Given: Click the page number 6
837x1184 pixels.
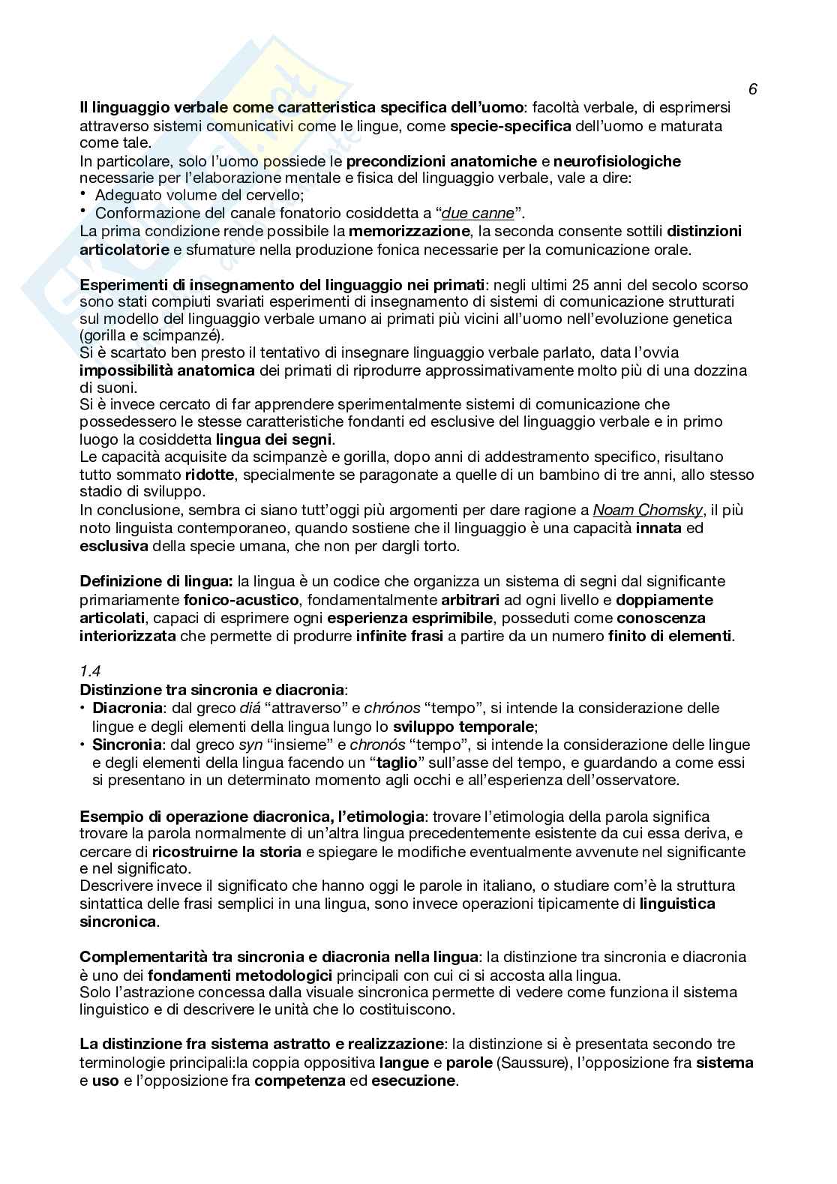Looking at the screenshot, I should (752, 89).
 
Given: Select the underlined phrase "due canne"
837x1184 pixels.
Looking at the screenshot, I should (478, 213).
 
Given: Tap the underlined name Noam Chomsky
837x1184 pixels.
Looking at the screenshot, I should (647, 510).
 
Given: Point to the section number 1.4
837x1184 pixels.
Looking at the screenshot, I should (90, 672).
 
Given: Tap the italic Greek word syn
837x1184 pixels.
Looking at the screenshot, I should (250, 745).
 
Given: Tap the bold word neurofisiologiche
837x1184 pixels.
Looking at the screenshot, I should (617, 161).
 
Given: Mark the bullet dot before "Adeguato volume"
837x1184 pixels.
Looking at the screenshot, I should (83, 194).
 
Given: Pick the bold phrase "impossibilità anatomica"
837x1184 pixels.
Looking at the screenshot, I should (167, 370).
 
